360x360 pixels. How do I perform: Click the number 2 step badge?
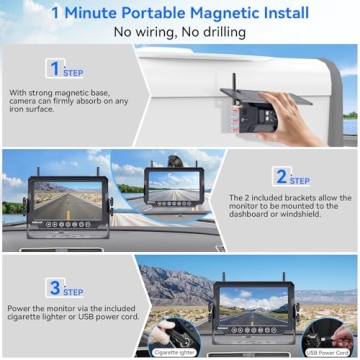(x=281, y=175)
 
